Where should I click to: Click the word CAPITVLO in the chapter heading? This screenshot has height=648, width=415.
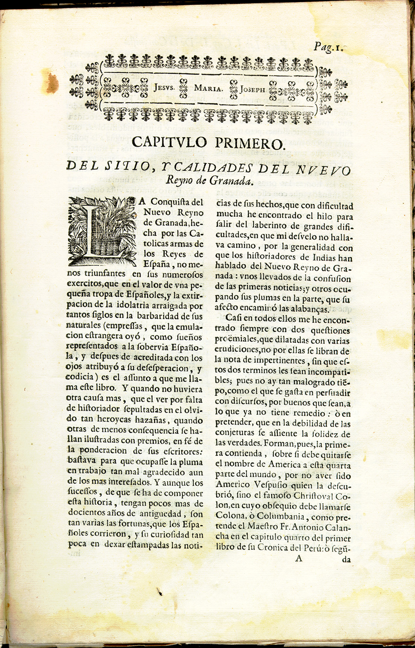click(170, 143)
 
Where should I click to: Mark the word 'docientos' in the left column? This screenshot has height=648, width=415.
click(86, 514)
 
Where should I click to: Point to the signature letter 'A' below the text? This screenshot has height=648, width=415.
click(299, 558)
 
